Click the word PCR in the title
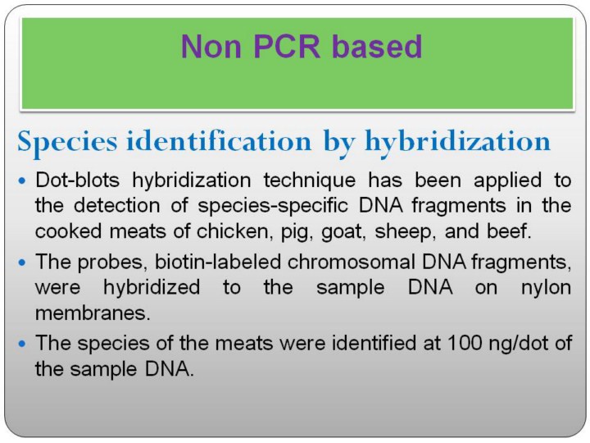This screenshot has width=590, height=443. (x=287, y=46)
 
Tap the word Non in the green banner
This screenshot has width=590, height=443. (x=211, y=46)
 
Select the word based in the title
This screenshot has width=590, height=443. (x=378, y=46)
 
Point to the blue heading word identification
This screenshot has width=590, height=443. (x=219, y=141)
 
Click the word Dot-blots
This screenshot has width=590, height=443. (x=78, y=180)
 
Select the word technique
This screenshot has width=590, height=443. (x=309, y=180)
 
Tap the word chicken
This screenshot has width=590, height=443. (x=234, y=231)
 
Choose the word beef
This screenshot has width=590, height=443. (x=509, y=231)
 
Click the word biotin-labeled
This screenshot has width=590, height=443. (x=218, y=262)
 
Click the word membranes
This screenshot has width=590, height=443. (x=93, y=313)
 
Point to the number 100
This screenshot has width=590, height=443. (x=465, y=343)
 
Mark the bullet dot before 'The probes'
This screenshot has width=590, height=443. (x=23, y=262)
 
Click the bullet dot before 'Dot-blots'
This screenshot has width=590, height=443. (x=23, y=180)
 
